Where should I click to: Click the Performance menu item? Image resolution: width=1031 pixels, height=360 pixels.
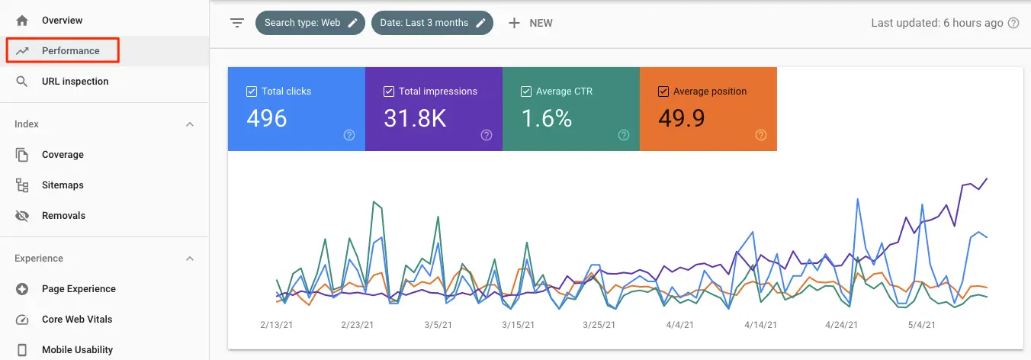click(x=70, y=51)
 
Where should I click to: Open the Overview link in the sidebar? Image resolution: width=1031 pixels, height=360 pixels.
click(x=62, y=21)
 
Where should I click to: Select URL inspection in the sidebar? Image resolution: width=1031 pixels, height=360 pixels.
click(x=75, y=82)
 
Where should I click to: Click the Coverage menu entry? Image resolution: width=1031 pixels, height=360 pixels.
click(x=63, y=155)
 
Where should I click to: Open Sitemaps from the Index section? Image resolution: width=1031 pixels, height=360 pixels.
click(x=63, y=185)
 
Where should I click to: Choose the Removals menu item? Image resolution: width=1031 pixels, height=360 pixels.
click(x=63, y=216)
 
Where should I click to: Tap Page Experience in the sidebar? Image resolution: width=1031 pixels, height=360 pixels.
click(x=79, y=289)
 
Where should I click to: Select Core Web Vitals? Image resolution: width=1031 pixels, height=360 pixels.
click(x=77, y=320)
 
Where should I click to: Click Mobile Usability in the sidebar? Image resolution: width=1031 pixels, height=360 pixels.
click(x=77, y=350)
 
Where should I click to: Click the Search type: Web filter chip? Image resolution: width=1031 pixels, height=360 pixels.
click(x=310, y=23)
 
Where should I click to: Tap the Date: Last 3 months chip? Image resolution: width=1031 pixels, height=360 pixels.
click(x=432, y=23)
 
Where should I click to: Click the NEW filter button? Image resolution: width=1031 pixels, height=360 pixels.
click(x=531, y=23)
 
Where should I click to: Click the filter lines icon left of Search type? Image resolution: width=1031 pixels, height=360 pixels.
click(x=237, y=23)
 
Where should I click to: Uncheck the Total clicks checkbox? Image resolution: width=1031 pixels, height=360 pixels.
click(x=252, y=92)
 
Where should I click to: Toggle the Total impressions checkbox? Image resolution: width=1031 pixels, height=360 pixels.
click(x=389, y=92)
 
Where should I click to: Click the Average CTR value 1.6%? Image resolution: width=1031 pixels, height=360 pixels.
click(x=546, y=118)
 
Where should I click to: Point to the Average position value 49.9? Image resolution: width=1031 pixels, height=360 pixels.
click(x=681, y=118)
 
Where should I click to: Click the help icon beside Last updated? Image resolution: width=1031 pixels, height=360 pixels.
click(x=1013, y=23)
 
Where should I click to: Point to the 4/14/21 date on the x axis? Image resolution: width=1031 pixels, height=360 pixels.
click(x=761, y=325)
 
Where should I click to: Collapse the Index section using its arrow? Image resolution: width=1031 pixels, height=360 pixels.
click(x=190, y=124)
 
